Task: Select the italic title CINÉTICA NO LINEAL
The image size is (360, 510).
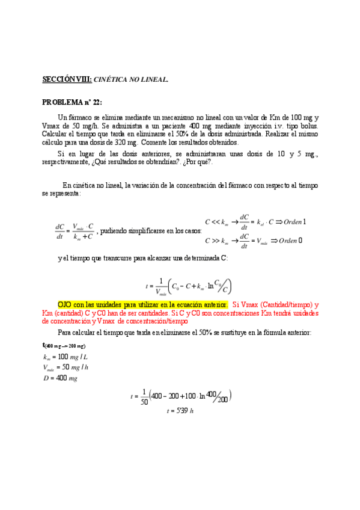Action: pos(130,79)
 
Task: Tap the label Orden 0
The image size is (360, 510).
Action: pos(288,241)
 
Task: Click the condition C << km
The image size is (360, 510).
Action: pos(217,221)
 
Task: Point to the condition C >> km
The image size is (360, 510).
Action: pos(217,241)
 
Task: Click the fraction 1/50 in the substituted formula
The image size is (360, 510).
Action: pos(144,397)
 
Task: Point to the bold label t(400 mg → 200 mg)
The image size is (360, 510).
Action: pos(64,346)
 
